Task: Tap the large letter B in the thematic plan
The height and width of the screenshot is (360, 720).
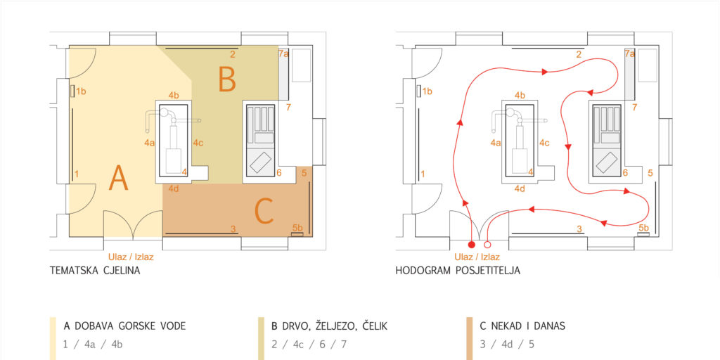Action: pyautogui.click(x=227, y=79)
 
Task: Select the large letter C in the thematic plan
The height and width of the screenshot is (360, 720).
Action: pyautogui.click(x=264, y=212)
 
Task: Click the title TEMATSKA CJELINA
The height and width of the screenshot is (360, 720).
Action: pyautogui.click(x=95, y=271)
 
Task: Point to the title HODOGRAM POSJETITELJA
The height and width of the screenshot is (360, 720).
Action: pyautogui.click(x=458, y=271)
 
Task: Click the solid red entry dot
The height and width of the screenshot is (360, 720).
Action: pyautogui.click(x=470, y=244)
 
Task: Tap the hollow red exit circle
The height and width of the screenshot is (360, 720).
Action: pyautogui.click(x=488, y=244)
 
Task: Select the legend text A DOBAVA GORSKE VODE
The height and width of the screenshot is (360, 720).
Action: pyautogui.click(x=125, y=326)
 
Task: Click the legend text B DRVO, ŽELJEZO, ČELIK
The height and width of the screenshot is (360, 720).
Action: pyautogui.click(x=330, y=326)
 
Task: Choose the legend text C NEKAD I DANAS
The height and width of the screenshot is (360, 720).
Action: pyautogui.click(x=522, y=326)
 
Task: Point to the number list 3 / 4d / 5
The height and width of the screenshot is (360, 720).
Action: pyautogui.click(x=507, y=345)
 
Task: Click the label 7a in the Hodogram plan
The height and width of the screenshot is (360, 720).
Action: pyautogui.click(x=629, y=54)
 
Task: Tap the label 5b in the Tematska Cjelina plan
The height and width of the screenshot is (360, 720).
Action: pyautogui.click(x=297, y=228)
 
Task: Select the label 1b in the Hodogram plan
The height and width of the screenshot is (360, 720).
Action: pyautogui.click(x=427, y=91)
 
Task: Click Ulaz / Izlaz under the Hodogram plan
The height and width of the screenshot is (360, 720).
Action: pyautogui.click(x=477, y=257)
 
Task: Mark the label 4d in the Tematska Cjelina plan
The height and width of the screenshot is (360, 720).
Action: pyautogui.click(x=174, y=188)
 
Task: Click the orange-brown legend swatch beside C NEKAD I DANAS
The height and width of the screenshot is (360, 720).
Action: pyautogui.click(x=469, y=338)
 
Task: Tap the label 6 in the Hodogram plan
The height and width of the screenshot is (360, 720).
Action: pyautogui.click(x=625, y=173)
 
